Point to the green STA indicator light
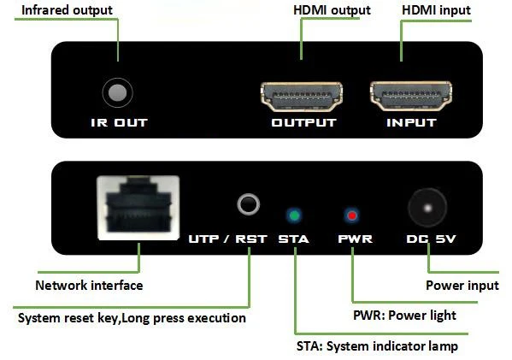coord(295,214)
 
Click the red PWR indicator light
coord(350,214)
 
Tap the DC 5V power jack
coord(427,206)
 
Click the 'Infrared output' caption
coord(67,10)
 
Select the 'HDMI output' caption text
coord(332,10)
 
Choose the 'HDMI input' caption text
coord(437,10)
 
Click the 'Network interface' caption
coord(88,285)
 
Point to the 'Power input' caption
coord(462,285)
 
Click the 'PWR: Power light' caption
coord(404,316)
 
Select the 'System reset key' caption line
coord(132,318)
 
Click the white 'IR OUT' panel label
coord(119,122)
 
